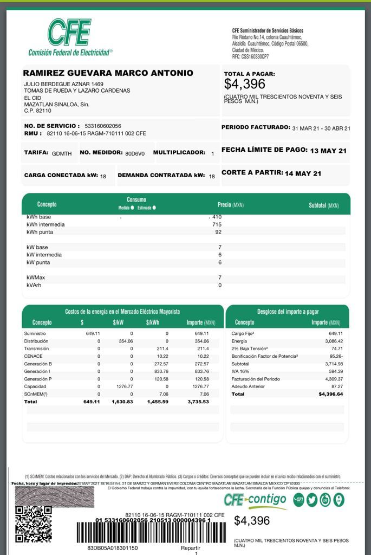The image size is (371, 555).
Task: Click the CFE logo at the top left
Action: pyautogui.click(x=69, y=33)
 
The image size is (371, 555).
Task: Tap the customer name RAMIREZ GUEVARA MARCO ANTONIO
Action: pyautogui.click(x=108, y=73)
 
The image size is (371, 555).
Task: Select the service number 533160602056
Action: pyautogui.click(x=103, y=126)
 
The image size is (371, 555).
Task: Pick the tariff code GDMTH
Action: pyautogui.click(x=62, y=153)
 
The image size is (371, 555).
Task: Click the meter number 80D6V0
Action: pyautogui.click(x=135, y=153)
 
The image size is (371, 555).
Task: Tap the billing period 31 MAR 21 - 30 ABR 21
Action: pyautogui.click(x=321, y=128)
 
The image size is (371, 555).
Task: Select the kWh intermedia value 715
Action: pyautogui.click(x=217, y=224)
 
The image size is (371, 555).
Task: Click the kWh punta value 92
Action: pyautogui.click(x=218, y=232)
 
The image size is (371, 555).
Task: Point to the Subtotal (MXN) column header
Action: pyautogui.click(x=324, y=205)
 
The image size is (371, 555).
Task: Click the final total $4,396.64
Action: pyautogui.click(x=331, y=394)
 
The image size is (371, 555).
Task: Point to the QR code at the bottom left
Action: pyautogui.click(x=34, y=524)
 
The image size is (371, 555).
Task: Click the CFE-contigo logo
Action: pyautogui.click(x=255, y=500)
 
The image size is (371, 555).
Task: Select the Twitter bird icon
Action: pyautogui.click(x=311, y=500)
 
